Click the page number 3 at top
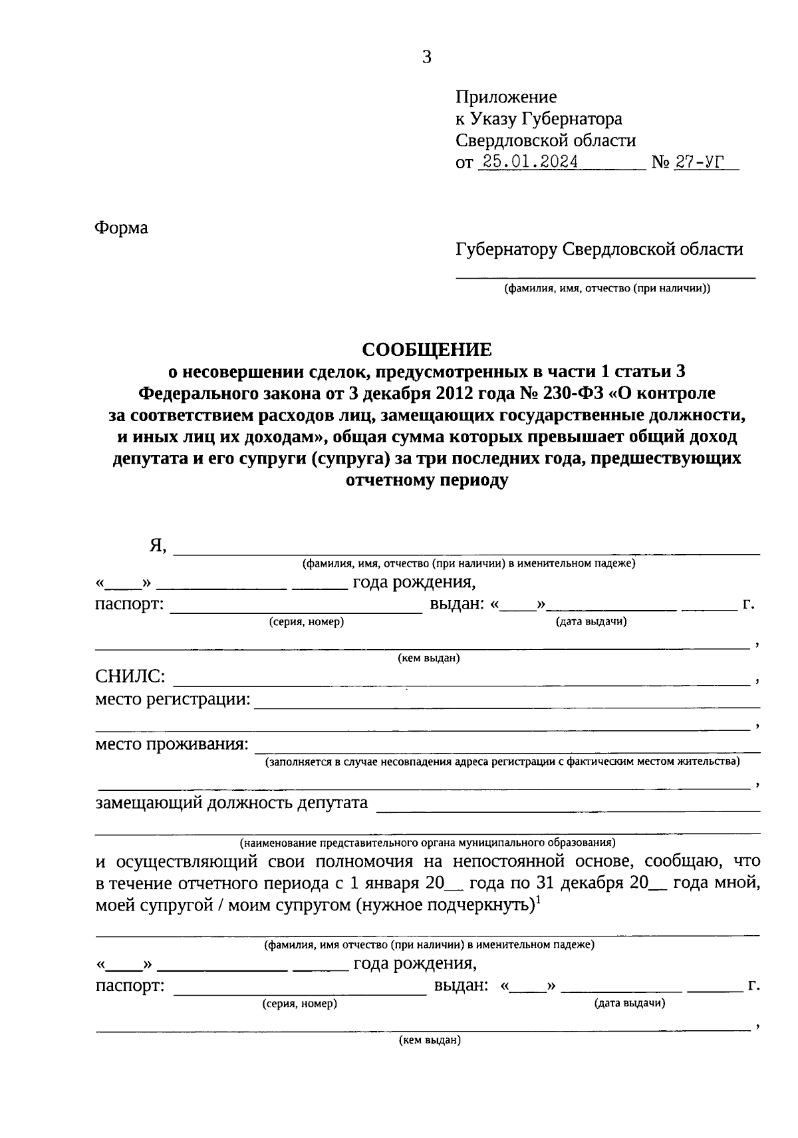[x=427, y=57]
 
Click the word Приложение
[x=506, y=97]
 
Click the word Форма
[x=121, y=228]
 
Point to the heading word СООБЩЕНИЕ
[x=426, y=349]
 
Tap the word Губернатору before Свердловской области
[x=506, y=249]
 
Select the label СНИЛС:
[x=130, y=677]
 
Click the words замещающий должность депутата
[x=231, y=802]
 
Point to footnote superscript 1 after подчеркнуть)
[x=538, y=901]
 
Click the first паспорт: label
[x=129, y=605]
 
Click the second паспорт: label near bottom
[x=130, y=985]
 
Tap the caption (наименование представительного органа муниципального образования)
[x=428, y=842]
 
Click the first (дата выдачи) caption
[x=591, y=622]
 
